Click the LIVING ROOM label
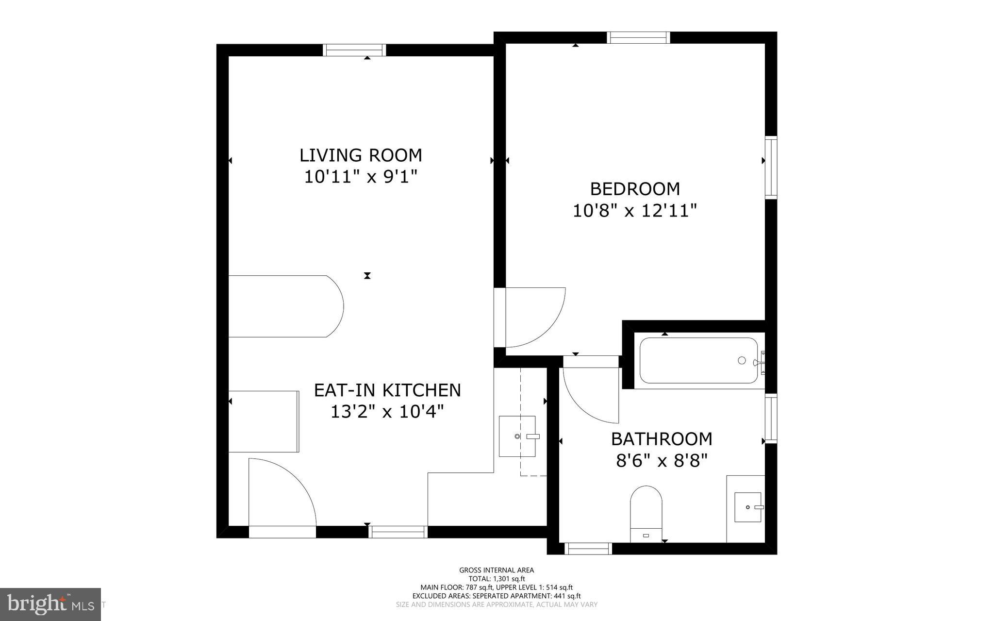[361, 155]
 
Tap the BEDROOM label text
[635, 188]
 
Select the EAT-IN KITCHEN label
[387, 390]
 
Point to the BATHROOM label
[662, 439]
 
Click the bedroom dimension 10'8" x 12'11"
[635, 211]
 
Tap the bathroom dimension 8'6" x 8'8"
[662, 460]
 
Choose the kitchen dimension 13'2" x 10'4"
[387, 412]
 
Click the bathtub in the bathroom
[699, 360]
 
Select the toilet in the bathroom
[646, 514]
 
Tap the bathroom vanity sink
[747, 507]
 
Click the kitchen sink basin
[517, 436]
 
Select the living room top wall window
[355, 50]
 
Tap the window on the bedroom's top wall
[639, 37]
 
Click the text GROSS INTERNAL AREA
[497, 571]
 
